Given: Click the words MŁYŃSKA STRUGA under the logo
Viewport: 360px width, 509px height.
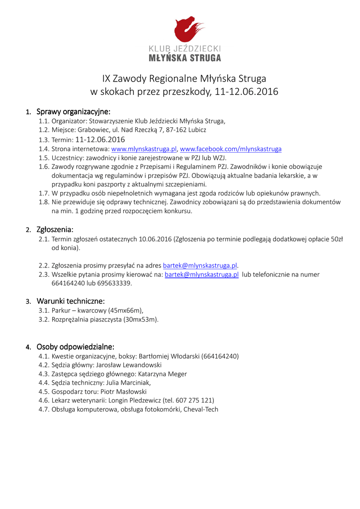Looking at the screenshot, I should point(185,58).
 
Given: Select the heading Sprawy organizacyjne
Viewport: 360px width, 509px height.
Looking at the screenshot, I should point(73,111).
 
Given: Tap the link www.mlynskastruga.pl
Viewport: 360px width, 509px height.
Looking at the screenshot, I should point(144,149).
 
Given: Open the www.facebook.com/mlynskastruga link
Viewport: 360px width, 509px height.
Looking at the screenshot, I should point(231,149).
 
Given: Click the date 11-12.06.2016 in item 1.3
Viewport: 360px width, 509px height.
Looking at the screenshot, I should point(100,140).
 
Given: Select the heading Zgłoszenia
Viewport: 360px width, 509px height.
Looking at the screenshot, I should point(55,230).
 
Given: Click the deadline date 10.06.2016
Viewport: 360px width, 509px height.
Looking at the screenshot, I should point(155,239).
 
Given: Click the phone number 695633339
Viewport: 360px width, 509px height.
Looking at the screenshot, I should point(116,283).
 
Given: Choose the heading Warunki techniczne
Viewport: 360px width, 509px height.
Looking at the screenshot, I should point(71,301).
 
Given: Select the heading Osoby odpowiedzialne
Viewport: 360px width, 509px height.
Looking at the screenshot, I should point(76,346).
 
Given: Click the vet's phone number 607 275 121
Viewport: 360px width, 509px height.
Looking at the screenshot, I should point(194,401).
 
